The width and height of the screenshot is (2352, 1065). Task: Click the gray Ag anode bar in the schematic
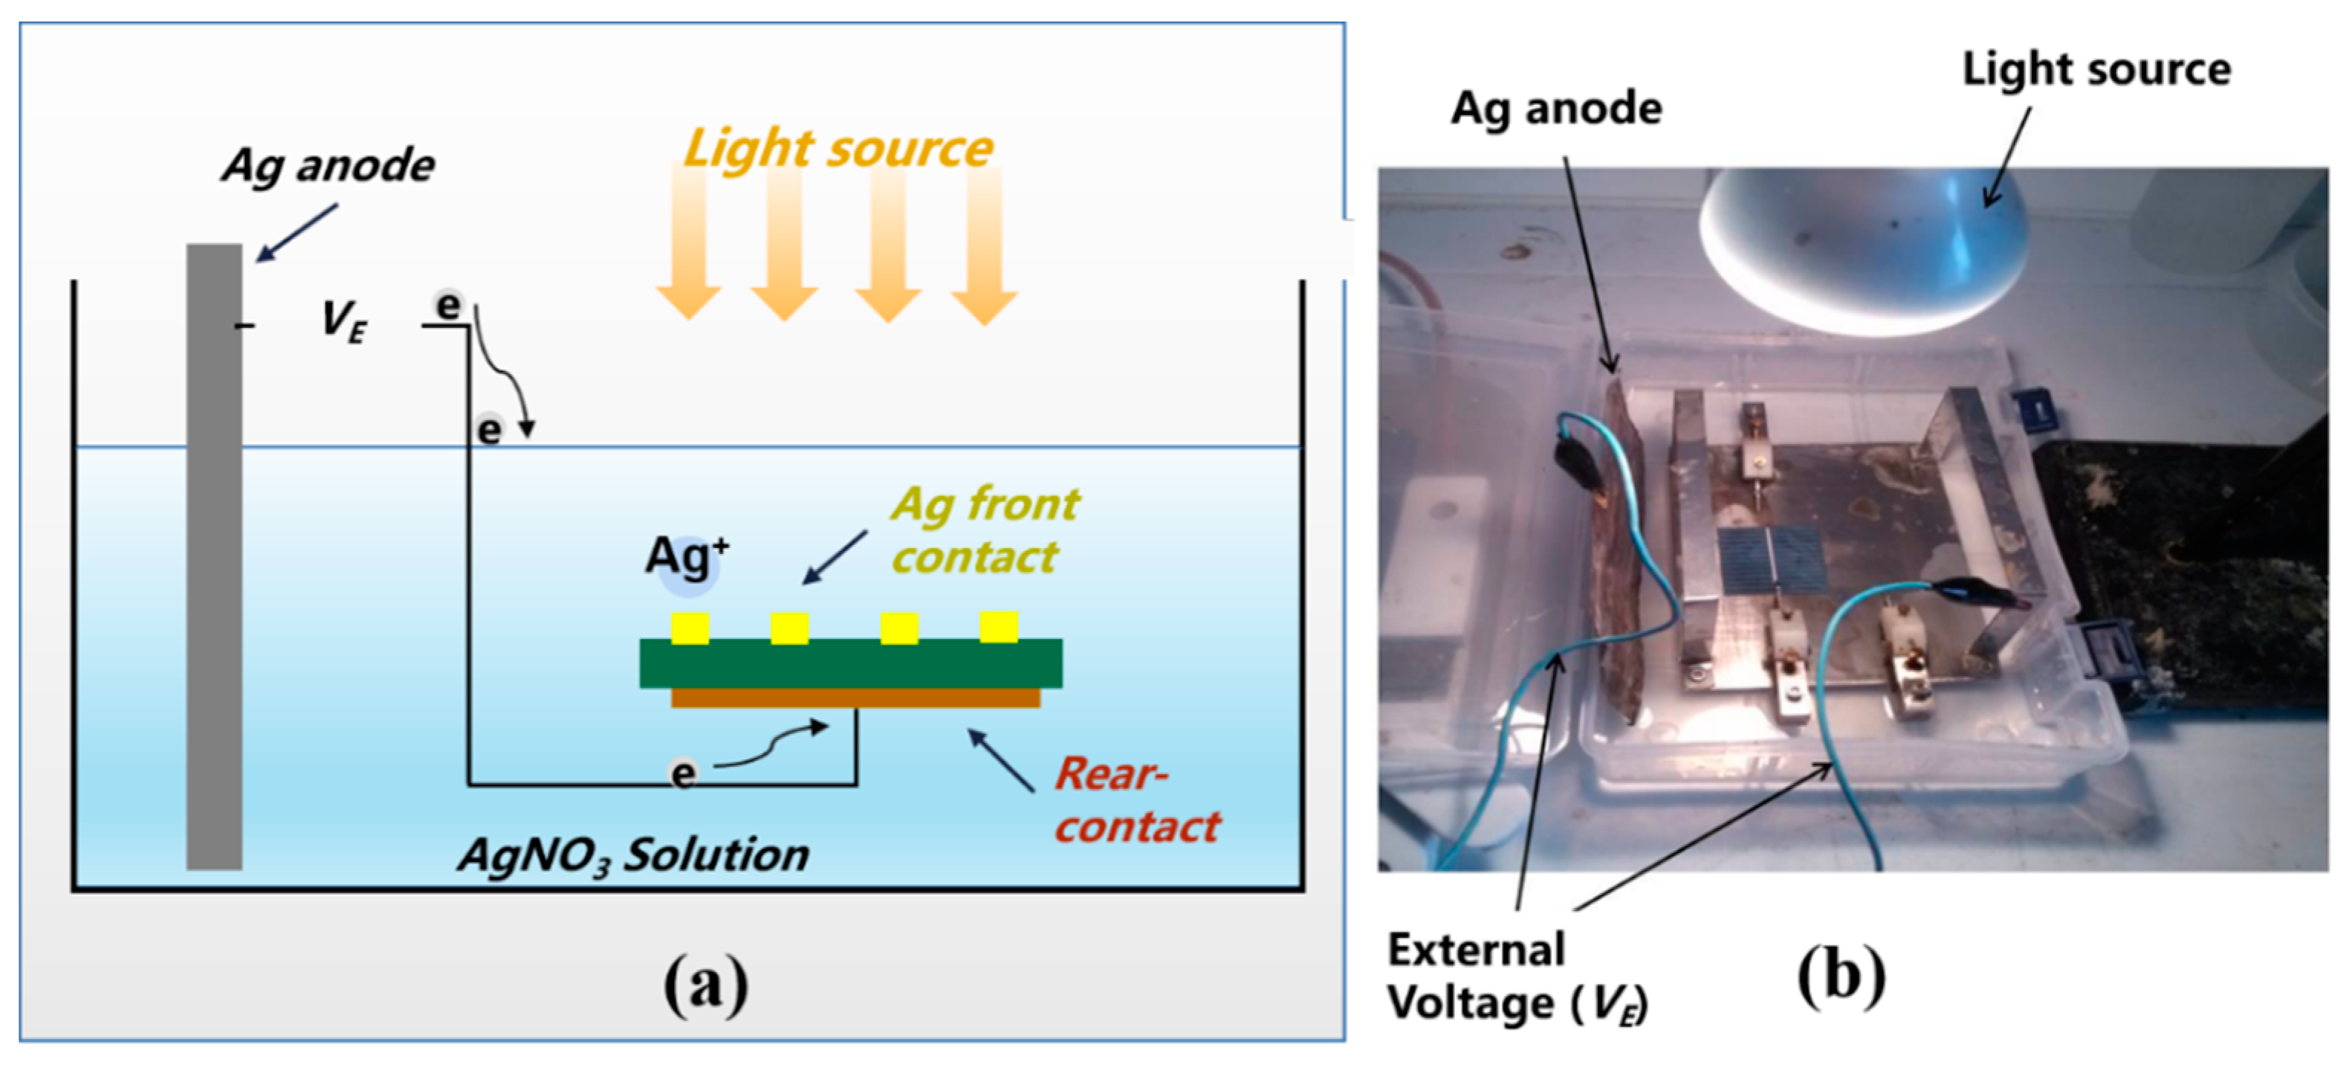[x=215, y=557]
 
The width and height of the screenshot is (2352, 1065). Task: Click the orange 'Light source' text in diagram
[x=838, y=148]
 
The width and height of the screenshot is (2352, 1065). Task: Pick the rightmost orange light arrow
[x=984, y=247]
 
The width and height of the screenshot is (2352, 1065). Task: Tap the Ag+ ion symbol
[x=687, y=557]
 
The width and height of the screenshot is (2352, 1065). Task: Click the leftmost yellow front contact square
[x=690, y=628]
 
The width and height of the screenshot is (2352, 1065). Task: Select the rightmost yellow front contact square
[x=999, y=626]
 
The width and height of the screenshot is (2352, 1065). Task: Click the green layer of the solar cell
[x=849, y=663]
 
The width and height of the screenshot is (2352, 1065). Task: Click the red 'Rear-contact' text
[x=1137, y=800]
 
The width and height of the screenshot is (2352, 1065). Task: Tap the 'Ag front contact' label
[x=984, y=530]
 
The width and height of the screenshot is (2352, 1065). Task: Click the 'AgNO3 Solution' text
[x=634, y=856]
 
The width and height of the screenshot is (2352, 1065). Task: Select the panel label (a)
[x=706, y=985]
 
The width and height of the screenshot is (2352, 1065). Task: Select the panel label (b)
[x=1841, y=976]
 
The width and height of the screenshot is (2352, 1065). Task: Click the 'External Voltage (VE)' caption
[x=1516, y=977]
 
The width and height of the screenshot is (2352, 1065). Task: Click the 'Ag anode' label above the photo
[x=1556, y=109]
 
